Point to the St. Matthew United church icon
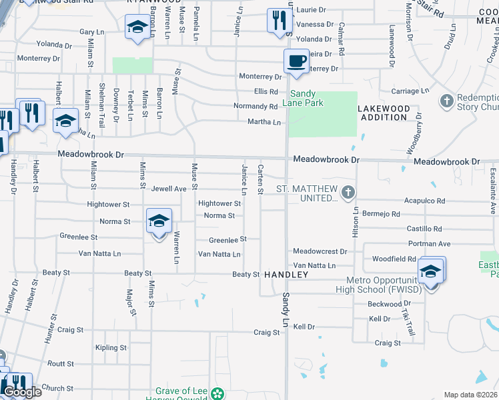click(347, 193)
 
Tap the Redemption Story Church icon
click(447, 101)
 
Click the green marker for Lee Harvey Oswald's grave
click(217, 393)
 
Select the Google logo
click(21, 392)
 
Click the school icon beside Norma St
click(159, 221)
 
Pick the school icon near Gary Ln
click(137, 27)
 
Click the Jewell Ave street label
click(169, 189)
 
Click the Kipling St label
click(111, 348)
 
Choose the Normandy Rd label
click(256, 107)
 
